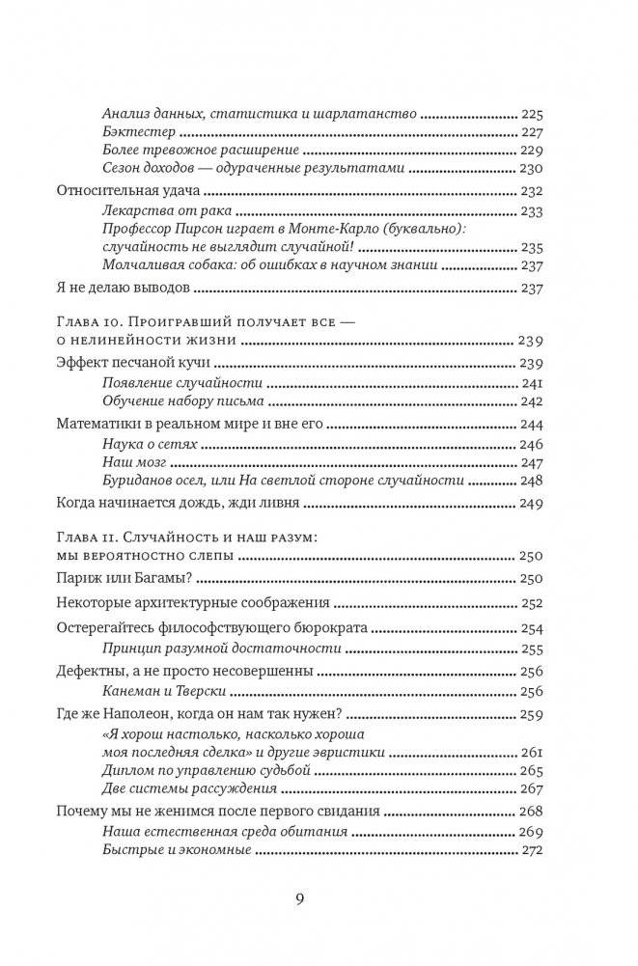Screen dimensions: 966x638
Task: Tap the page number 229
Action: [x=533, y=152]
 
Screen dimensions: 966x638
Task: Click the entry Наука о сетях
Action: [x=150, y=444]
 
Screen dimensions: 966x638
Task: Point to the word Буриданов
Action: [x=141, y=482]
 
